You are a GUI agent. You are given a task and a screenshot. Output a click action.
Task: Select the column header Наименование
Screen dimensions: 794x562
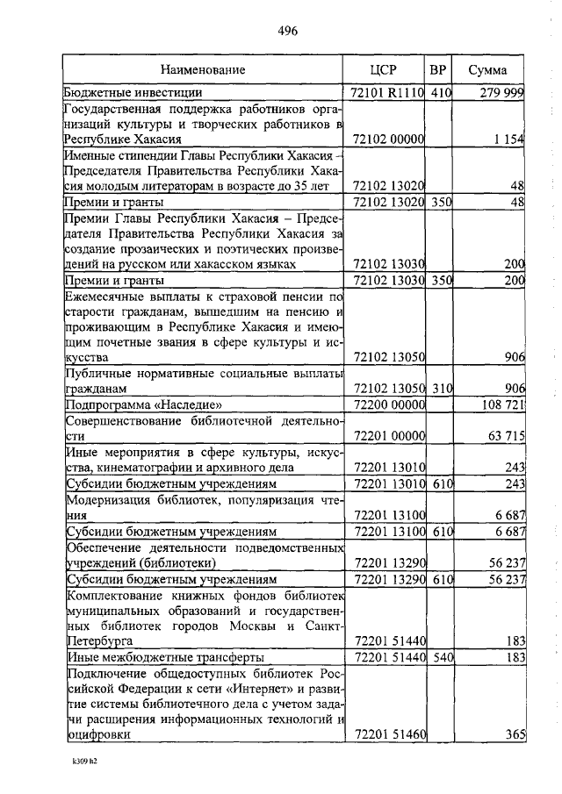click(x=203, y=69)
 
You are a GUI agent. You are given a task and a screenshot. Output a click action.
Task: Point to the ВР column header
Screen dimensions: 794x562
click(x=439, y=69)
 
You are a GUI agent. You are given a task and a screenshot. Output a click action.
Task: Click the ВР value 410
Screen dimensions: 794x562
click(x=439, y=92)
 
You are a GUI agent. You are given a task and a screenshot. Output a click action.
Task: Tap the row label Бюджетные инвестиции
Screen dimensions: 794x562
click(x=133, y=92)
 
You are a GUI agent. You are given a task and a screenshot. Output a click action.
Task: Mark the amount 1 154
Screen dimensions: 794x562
click(x=508, y=139)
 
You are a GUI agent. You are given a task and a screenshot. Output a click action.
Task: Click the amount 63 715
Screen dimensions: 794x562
click(x=504, y=436)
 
